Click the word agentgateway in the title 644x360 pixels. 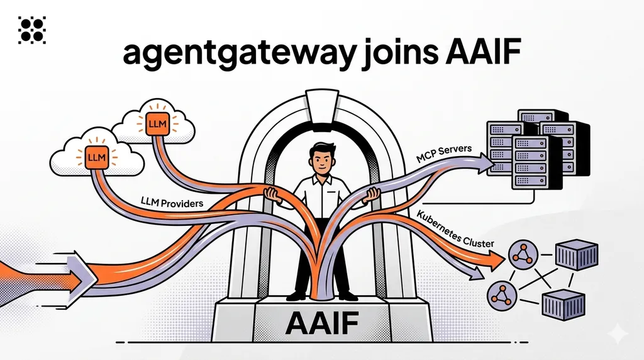(x=238, y=53)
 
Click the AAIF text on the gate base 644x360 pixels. (x=321, y=322)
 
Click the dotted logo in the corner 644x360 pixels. (x=32, y=30)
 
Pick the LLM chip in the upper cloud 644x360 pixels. (x=157, y=123)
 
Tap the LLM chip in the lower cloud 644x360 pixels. (x=96, y=157)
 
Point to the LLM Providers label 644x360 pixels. (x=172, y=202)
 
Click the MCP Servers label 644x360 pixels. (x=443, y=154)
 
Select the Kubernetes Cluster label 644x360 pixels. (x=455, y=229)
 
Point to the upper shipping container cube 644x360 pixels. (x=577, y=255)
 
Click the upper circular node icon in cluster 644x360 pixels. (x=523, y=255)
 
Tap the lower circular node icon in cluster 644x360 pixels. (x=502, y=296)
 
